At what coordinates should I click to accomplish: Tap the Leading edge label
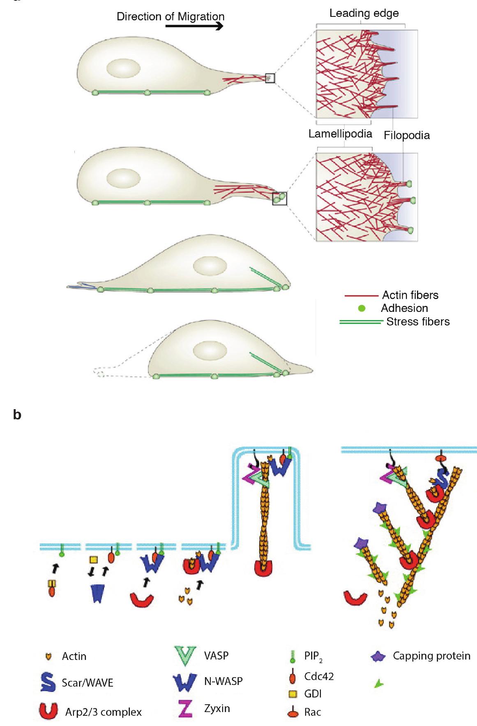pyautogui.click(x=364, y=13)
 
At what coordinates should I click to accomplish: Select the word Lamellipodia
pyautogui.click(x=340, y=134)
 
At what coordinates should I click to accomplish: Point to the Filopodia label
pyautogui.click(x=407, y=135)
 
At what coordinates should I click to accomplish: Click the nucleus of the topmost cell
pyautogui.click(x=124, y=68)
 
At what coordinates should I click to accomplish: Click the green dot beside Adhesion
pyautogui.click(x=362, y=308)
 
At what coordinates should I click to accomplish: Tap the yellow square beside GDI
pyautogui.click(x=292, y=694)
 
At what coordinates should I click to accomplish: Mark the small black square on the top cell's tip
pyautogui.click(x=270, y=78)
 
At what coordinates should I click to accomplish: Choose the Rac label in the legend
pyautogui.click(x=312, y=712)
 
